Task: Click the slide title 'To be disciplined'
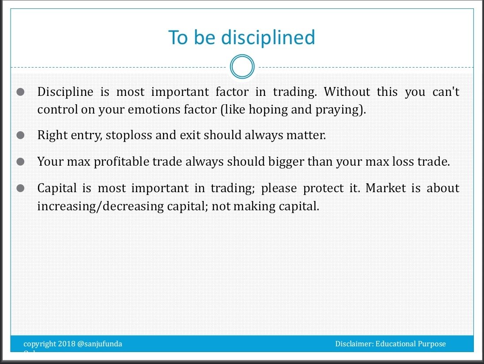[242, 38]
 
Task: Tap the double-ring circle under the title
[242, 67]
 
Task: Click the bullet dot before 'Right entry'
[20, 136]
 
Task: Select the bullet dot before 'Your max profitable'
[20, 162]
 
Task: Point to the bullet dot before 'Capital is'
[20, 189]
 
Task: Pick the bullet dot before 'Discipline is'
[20, 92]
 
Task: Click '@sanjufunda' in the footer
[100, 344]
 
